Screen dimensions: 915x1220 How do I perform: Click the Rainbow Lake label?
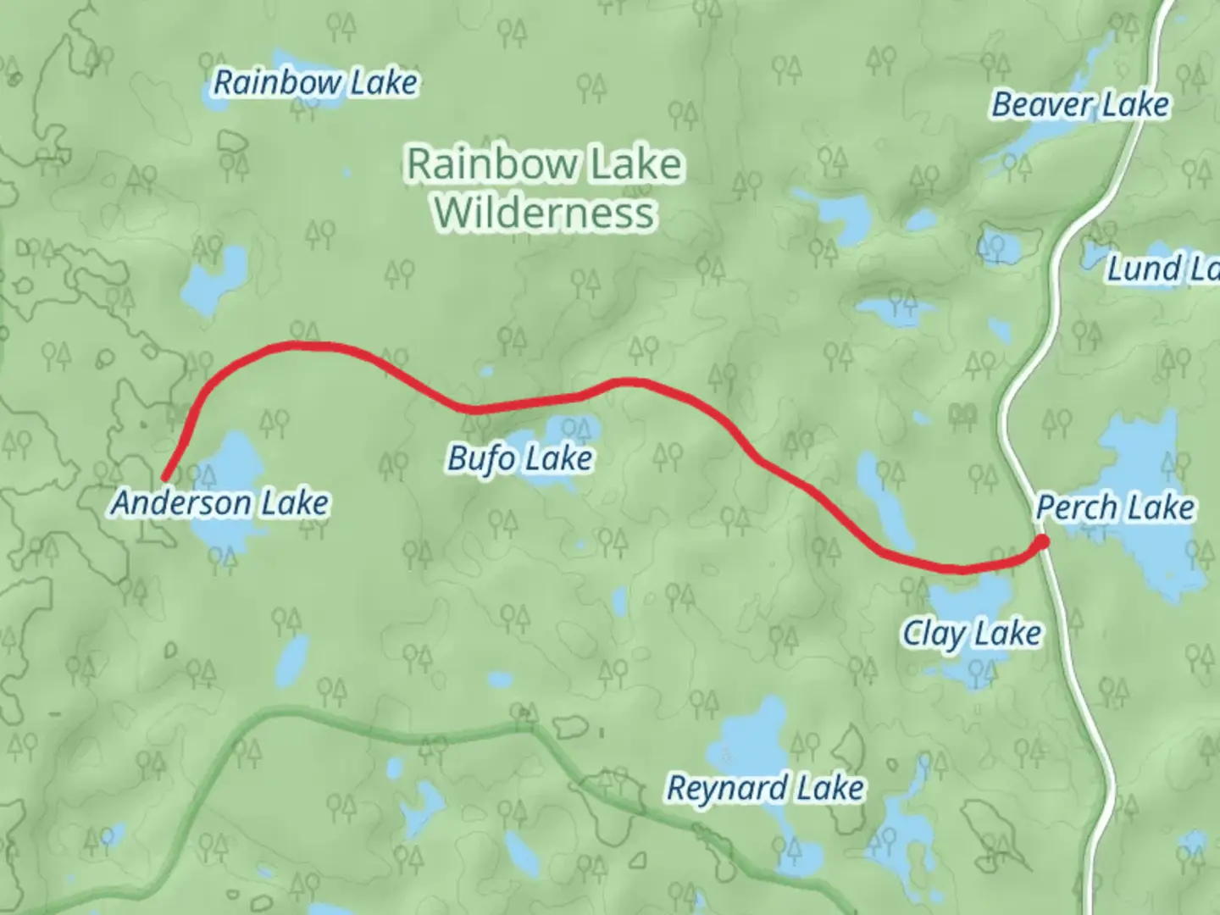(x=315, y=83)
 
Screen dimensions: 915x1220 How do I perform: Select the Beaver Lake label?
(x=1080, y=105)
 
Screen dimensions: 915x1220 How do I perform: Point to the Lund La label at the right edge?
(x=1162, y=269)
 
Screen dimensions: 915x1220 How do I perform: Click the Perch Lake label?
(x=1115, y=507)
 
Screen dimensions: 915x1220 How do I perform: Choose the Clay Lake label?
(x=972, y=634)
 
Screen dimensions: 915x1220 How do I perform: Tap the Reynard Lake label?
(x=765, y=788)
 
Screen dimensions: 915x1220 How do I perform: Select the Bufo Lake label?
(x=520, y=458)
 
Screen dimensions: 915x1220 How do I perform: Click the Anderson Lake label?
(x=220, y=503)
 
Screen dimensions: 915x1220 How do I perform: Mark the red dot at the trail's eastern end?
(x=1042, y=541)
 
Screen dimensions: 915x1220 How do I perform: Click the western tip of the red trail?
(x=164, y=479)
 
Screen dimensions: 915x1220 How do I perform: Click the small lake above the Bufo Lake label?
(x=572, y=430)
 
